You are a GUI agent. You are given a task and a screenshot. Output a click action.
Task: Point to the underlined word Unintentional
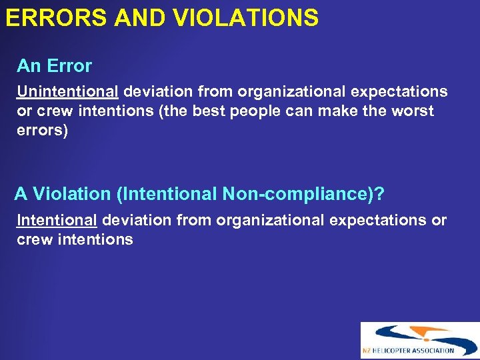click(67, 92)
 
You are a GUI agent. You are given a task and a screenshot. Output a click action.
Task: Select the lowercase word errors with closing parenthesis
click(42, 129)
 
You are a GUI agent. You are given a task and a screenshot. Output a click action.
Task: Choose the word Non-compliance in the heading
click(297, 194)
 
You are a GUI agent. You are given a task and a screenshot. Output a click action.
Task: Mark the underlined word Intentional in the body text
click(57, 220)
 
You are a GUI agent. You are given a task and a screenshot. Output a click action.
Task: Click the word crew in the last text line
click(33, 239)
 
